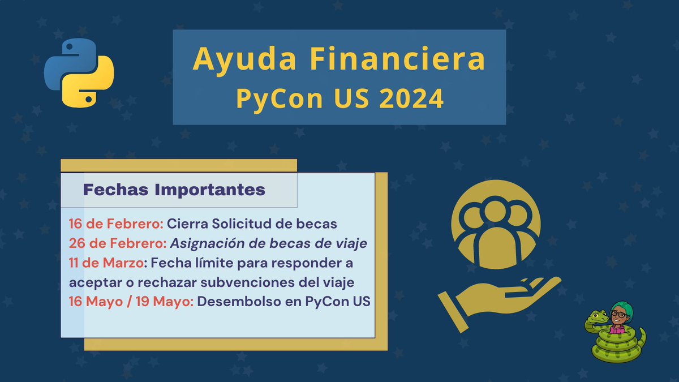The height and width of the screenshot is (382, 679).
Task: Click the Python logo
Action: point(79,72)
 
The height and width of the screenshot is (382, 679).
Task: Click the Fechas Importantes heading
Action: point(174,190)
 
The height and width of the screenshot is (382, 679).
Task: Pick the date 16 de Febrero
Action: point(116,224)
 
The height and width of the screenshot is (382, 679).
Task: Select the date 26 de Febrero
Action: point(117,243)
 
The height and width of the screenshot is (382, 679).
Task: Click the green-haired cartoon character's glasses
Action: point(621,313)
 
